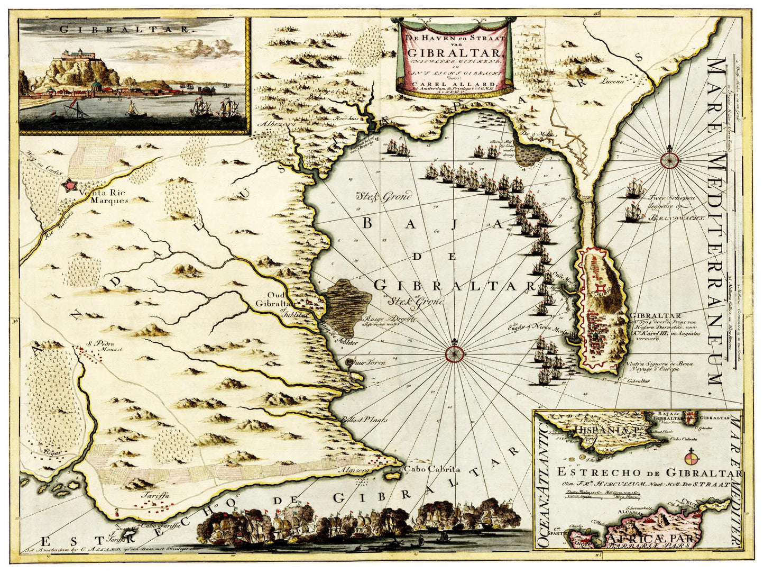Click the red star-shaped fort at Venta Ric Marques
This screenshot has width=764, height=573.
[69, 185]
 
